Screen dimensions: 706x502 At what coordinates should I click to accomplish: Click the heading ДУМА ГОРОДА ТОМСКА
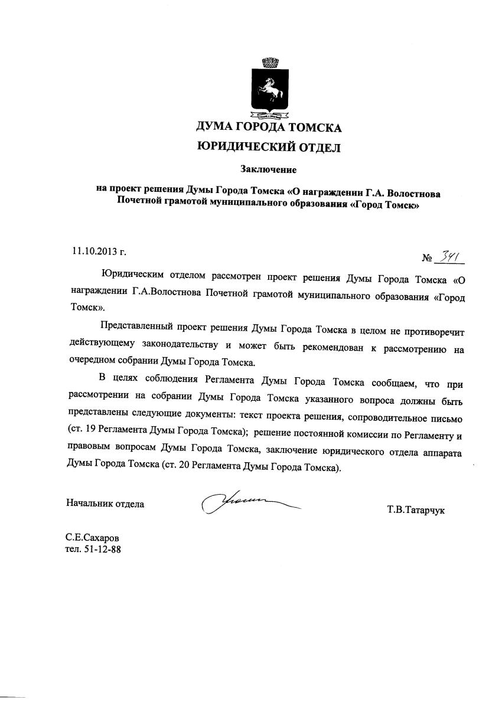tap(269, 127)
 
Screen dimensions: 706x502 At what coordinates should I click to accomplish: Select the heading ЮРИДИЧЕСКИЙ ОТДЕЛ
tap(269, 148)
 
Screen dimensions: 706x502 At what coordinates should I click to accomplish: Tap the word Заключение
tap(268, 170)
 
